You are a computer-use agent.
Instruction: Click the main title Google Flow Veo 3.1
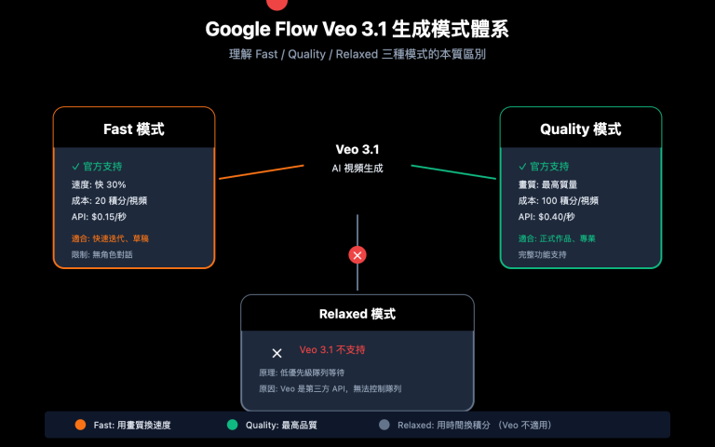coord(357,30)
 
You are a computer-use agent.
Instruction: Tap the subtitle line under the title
coord(357,55)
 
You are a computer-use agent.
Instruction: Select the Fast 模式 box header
coord(134,129)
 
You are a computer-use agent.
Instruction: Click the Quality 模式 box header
coord(580,129)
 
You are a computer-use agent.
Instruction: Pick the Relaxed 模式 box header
coord(357,314)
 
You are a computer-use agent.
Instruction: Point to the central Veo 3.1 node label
coord(357,150)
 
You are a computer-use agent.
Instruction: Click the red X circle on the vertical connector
coord(357,254)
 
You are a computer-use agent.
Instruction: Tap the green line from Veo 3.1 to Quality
coord(453,172)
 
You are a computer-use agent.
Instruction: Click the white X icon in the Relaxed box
coord(277,353)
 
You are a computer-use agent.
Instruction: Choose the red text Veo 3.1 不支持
coord(332,351)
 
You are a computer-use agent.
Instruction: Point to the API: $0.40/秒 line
coord(546,217)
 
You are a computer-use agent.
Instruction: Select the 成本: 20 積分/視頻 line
coord(109,200)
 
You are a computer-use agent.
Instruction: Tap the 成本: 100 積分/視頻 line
coord(558,200)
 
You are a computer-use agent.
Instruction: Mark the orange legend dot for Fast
coord(80,425)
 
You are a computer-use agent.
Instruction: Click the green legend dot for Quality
coord(232,425)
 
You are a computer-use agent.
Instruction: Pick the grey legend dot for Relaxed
coord(384,425)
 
